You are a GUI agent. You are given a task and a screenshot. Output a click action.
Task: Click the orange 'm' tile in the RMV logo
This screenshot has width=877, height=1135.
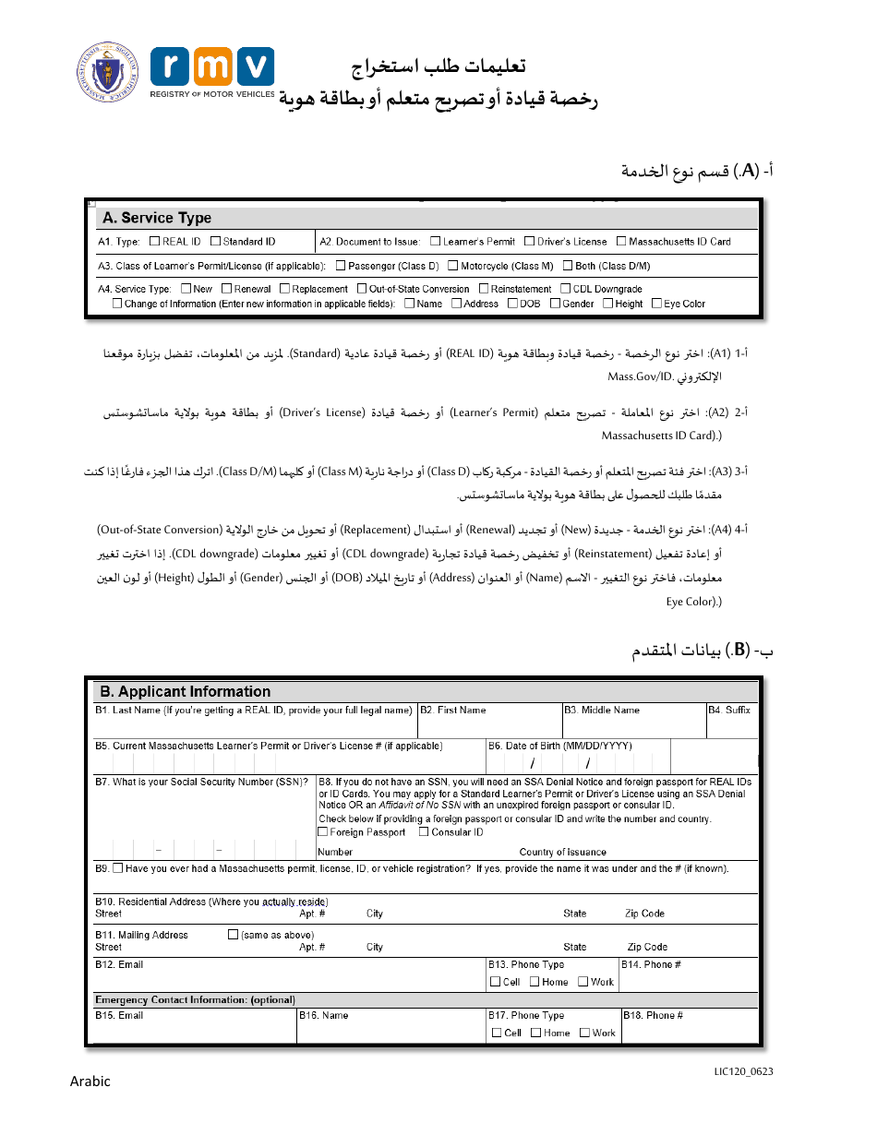click(212, 67)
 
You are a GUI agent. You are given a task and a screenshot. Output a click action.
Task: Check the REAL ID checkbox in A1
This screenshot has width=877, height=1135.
click(154, 242)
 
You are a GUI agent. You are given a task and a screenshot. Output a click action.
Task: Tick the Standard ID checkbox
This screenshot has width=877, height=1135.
click(215, 242)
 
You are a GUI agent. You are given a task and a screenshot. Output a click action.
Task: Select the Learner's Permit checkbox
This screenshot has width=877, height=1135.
click(436, 242)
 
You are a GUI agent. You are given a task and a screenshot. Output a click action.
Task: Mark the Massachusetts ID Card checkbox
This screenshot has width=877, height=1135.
click(621, 242)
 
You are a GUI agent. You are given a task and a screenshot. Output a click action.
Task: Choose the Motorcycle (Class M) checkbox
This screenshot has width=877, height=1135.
click(453, 266)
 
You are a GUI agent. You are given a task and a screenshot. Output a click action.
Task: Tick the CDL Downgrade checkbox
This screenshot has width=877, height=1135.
click(566, 289)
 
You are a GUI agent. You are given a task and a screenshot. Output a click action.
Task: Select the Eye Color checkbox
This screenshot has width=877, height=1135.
click(656, 303)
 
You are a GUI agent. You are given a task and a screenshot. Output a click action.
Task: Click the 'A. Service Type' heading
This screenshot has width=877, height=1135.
click(157, 218)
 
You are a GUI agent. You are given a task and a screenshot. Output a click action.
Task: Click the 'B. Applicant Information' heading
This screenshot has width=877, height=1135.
click(186, 691)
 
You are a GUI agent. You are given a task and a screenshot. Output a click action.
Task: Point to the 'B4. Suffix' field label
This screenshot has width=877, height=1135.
click(729, 711)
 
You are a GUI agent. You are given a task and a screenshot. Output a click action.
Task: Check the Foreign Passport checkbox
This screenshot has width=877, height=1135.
click(323, 832)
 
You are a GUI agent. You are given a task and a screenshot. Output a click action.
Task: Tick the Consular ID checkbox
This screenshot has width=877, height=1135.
click(424, 832)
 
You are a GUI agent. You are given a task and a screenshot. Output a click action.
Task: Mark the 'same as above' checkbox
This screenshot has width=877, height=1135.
click(234, 935)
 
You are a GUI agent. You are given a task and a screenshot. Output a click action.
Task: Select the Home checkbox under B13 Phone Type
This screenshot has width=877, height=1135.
click(535, 982)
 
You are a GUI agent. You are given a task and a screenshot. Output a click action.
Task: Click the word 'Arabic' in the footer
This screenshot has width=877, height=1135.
click(90, 1081)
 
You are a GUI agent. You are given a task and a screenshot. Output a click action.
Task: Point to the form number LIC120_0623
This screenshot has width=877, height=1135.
click(743, 1071)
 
